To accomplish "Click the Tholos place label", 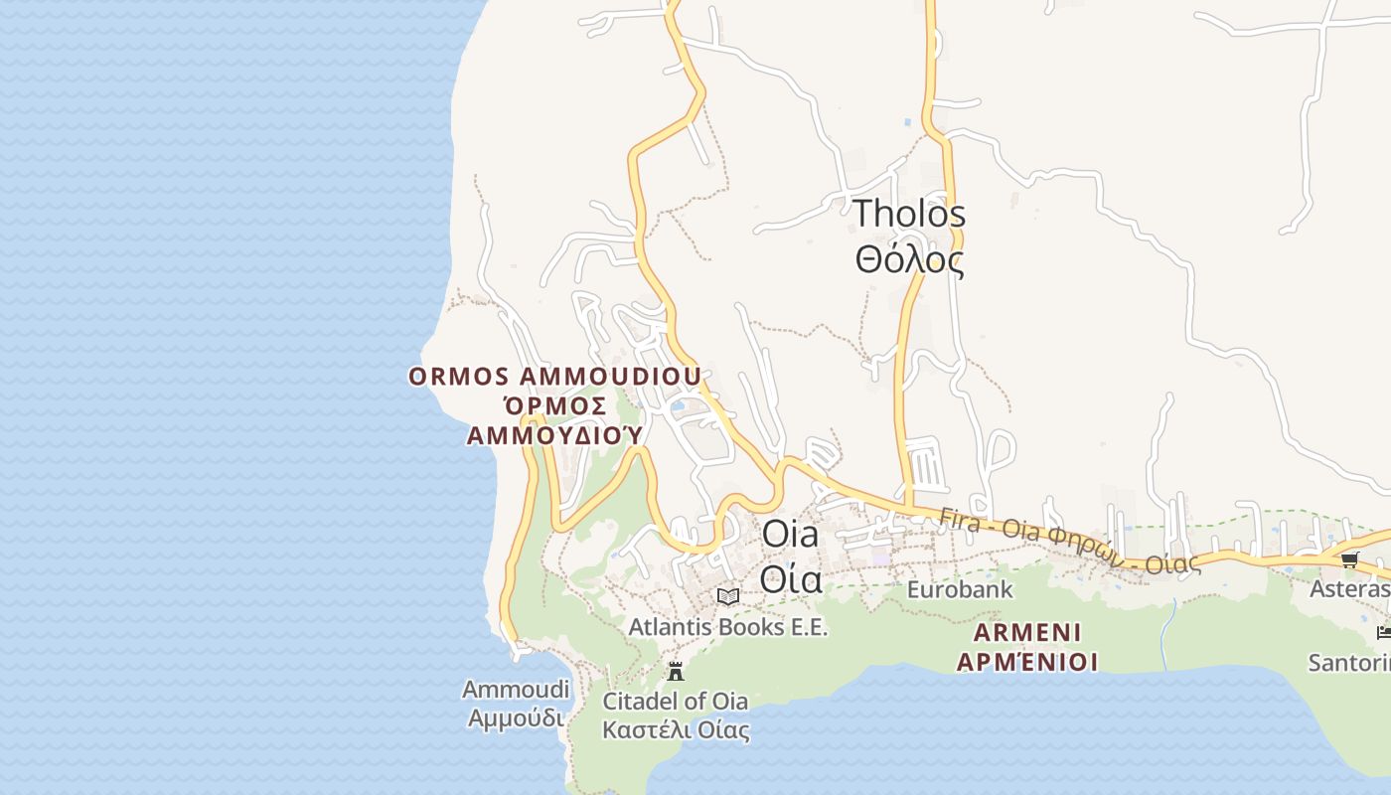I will (x=909, y=214).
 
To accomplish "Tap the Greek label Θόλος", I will (x=909, y=259).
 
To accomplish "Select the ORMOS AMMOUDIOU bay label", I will (x=554, y=377).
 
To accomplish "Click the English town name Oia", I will (x=791, y=534).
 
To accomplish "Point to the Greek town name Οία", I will (x=791, y=577).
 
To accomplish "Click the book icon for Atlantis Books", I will (x=728, y=596).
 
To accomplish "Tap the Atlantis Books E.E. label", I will (x=727, y=627).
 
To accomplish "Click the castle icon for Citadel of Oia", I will (x=676, y=671).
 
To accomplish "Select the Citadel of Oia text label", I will (x=676, y=701).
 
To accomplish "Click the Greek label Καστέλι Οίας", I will (x=676, y=730).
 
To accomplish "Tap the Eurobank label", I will (x=960, y=589).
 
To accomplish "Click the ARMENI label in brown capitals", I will (x=1027, y=633).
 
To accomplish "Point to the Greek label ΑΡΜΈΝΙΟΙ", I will (x=1027, y=662).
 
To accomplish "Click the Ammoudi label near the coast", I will (x=516, y=689).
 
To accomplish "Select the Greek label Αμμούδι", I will (x=516, y=717).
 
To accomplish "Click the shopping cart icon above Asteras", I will (x=1349, y=560).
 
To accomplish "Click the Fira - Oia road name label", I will (x=1068, y=543).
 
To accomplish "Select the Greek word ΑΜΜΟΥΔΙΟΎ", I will (x=554, y=435).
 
